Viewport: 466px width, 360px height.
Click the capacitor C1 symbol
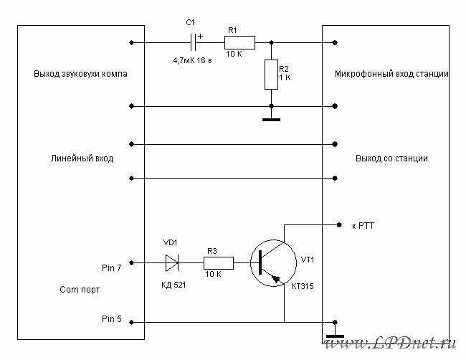coord(193,42)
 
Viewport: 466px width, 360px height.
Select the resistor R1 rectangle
coord(239,42)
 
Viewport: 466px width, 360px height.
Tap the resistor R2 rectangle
coord(271,75)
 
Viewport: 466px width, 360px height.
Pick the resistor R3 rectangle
coord(219,263)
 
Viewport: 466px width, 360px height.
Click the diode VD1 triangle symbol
coord(172,263)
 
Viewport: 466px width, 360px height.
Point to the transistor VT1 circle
coord(250,263)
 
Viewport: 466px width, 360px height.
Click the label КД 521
coord(173,285)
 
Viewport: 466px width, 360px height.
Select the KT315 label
coord(303,286)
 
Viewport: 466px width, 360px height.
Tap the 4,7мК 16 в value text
coord(192,61)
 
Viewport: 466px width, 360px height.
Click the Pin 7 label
coord(111,267)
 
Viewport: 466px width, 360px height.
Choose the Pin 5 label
coord(111,318)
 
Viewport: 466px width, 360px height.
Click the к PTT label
coord(363,226)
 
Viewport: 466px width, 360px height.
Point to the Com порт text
coord(80,290)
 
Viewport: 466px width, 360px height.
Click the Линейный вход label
coord(82,158)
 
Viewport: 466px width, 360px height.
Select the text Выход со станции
coord(391,158)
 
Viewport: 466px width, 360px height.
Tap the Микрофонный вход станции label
coord(391,74)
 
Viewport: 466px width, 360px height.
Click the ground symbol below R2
coord(271,120)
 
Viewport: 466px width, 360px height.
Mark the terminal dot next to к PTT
coord(339,224)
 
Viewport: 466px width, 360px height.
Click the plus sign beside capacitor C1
coord(200,37)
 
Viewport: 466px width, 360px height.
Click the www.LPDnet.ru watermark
coord(390,343)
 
